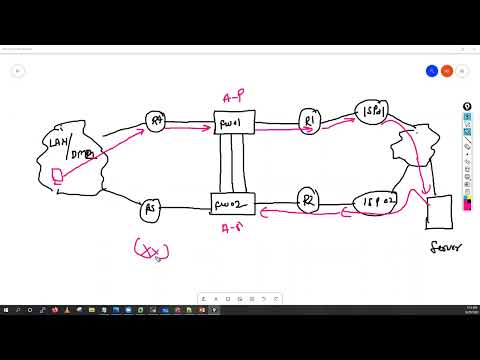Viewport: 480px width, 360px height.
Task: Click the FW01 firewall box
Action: (x=237, y=124)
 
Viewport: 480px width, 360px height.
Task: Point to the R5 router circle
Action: (x=151, y=209)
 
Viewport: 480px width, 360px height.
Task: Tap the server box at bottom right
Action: (x=439, y=211)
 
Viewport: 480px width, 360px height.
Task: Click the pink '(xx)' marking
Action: (x=151, y=249)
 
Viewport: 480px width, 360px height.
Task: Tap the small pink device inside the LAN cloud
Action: (x=58, y=177)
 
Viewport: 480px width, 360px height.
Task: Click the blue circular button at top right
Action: (x=432, y=71)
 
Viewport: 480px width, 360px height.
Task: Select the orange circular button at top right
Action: (x=447, y=71)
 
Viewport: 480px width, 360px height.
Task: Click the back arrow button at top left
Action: (x=18, y=71)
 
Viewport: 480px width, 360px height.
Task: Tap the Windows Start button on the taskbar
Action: (x=6, y=310)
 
